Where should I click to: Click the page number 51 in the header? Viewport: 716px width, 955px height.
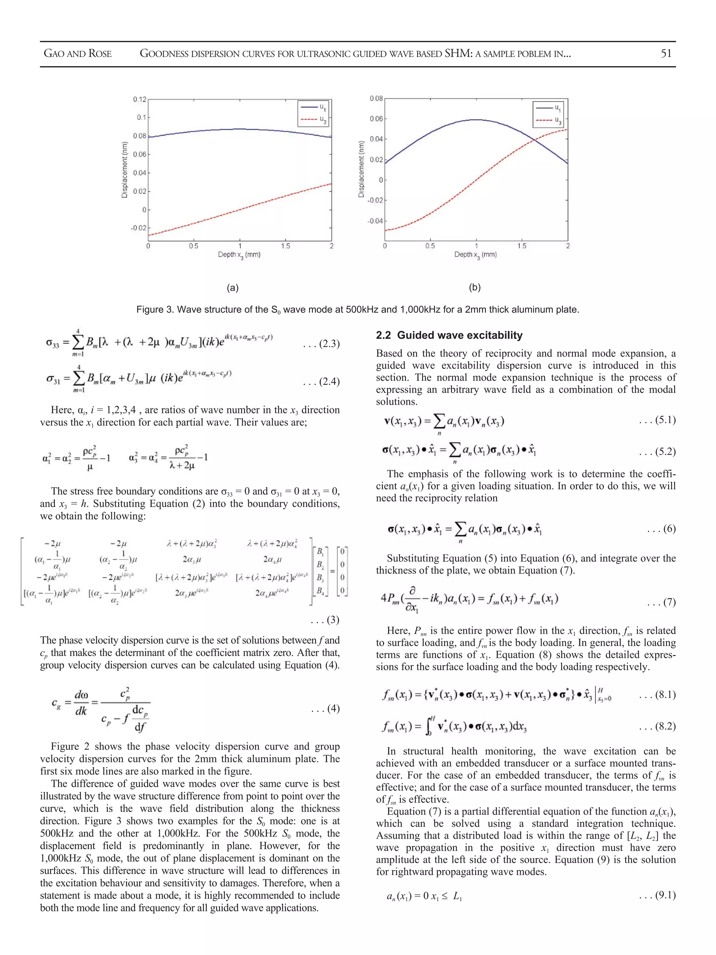pyautogui.click(x=666, y=54)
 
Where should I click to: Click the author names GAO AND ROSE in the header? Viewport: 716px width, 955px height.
pyautogui.click(x=78, y=54)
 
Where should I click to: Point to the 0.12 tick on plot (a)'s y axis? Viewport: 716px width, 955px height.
pyautogui.click(x=139, y=99)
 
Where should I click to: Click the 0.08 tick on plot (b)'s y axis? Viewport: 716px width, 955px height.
pyautogui.click(x=376, y=98)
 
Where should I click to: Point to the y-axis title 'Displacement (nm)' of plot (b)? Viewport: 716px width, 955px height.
pyautogui.click(x=361, y=170)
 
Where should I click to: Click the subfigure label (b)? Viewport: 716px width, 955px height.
pyautogui.click(x=474, y=287)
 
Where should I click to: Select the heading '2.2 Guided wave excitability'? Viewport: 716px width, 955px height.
pyautogui.click(x=449, y=335)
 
